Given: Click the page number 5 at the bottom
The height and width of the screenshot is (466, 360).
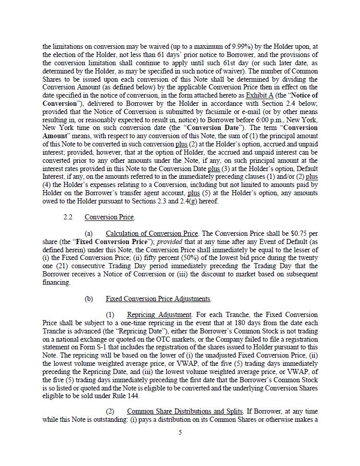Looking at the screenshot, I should click(180, 433).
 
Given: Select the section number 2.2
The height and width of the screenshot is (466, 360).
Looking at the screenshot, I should click(68, 217).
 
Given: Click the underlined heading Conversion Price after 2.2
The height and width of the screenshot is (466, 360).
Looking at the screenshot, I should click(109, 217).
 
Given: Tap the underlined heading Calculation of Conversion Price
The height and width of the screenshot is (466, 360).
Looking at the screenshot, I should click(151, 233).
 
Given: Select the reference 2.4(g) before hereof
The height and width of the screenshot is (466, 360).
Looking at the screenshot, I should click(181, 201).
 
